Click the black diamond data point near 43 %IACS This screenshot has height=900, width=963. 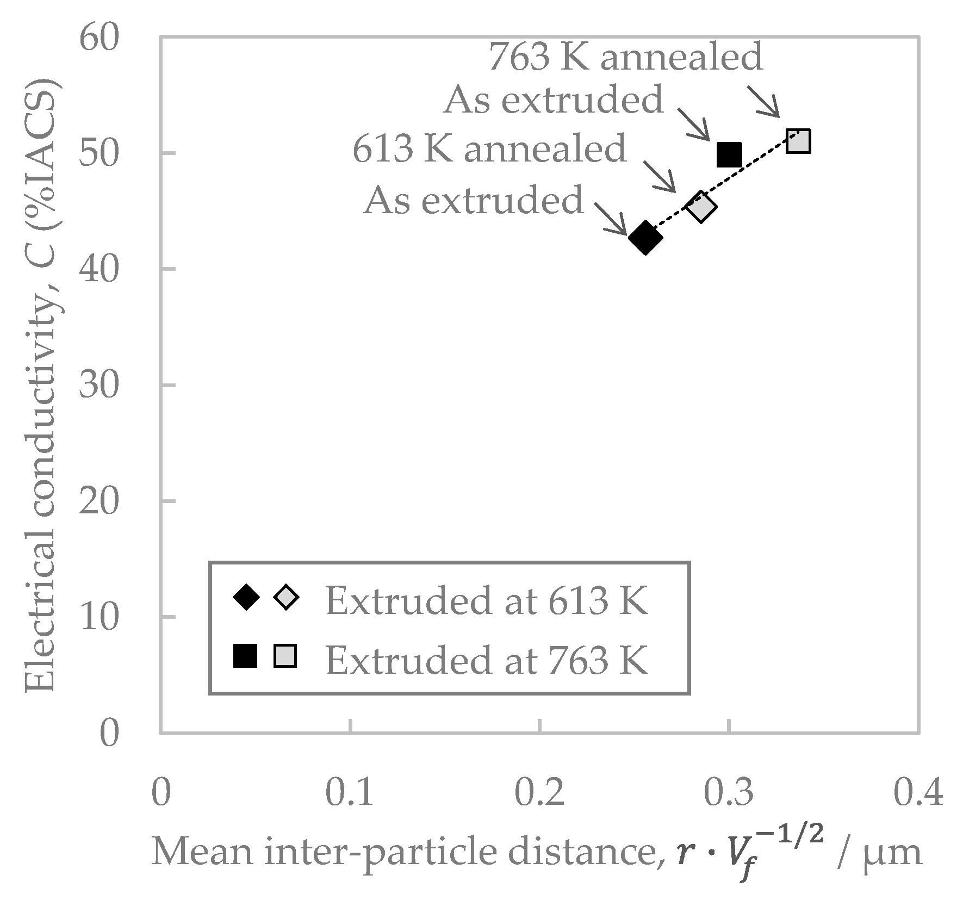pyautogui.click(x=645, y=238)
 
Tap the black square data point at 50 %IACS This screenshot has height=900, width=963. pyautogui.click(x=729, y=155)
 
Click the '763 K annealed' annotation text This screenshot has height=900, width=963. pyautogui.click(x=625, y=57)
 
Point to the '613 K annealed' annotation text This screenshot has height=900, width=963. pyautogui.click(x=489, y=148)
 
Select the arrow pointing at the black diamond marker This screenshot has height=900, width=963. pyautogui.click(x=611, y=219)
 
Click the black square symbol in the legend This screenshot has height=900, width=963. pyautogui.click(x=245, y=655)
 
